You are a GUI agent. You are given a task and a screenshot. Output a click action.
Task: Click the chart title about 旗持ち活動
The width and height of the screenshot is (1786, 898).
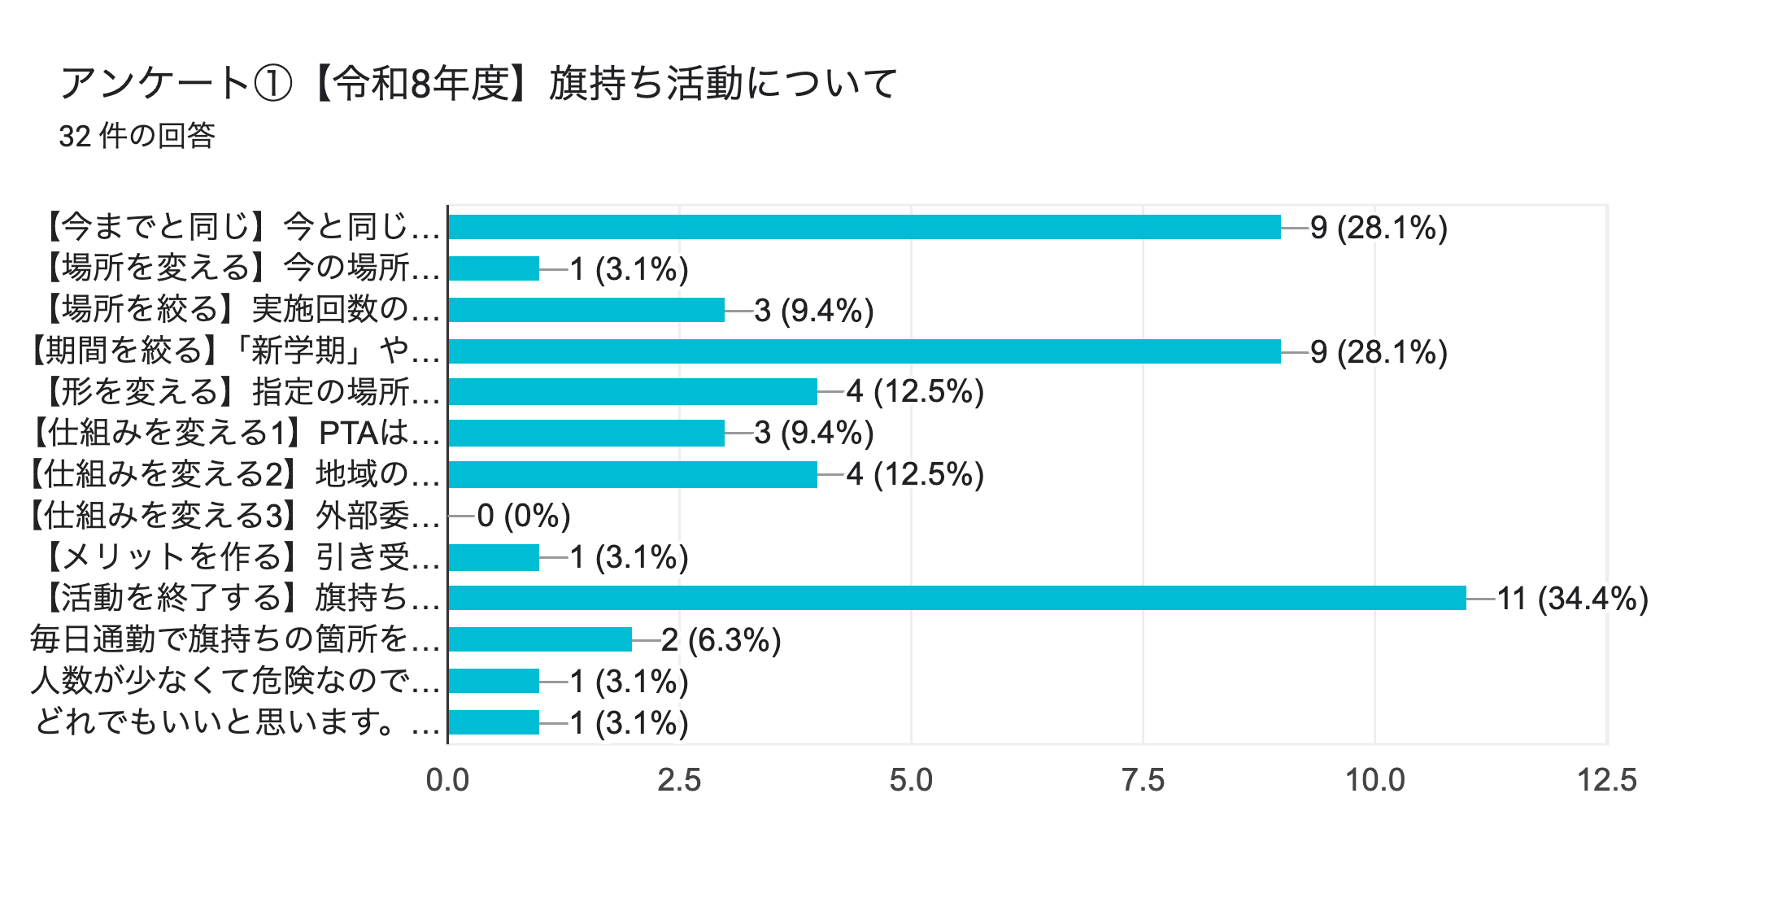click(478, 83)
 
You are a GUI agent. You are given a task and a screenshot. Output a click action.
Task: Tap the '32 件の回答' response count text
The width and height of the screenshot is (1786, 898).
click(137, 136)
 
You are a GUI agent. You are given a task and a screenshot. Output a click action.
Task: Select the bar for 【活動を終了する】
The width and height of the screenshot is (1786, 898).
click(956, 598)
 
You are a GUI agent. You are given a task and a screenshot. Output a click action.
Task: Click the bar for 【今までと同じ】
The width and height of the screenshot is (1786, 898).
click(864, 227)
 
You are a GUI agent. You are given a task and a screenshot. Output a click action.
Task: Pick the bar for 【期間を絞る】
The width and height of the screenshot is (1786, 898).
click(864, 351)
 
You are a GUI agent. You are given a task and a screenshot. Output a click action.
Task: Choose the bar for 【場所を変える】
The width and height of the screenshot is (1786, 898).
click(494, 268)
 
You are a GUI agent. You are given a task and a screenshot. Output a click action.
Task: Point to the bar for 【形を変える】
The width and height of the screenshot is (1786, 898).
click(633, 392)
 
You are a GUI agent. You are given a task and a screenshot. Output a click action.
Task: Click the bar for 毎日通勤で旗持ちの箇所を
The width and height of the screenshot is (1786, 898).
click(540, 639)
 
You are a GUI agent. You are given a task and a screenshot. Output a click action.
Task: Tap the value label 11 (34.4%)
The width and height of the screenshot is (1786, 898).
click(1572, 599)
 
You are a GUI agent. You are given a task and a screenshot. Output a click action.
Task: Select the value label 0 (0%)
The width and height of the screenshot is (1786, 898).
click(524, 516)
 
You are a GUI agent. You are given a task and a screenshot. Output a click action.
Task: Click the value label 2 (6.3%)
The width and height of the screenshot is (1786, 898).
click(721, 640)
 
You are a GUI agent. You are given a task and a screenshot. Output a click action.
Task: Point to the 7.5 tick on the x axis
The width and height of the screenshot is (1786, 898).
click(1143, 780)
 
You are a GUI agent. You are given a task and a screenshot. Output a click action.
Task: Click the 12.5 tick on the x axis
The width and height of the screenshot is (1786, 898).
click(1606, 780)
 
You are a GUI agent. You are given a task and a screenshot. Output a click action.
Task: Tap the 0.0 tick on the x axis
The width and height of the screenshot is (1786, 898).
click(447, 780)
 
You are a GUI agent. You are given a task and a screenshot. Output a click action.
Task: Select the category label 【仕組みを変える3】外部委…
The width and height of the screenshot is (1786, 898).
click(233, 516)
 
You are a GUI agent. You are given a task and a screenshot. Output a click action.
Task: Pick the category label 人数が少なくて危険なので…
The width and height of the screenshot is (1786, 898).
click(235, 681)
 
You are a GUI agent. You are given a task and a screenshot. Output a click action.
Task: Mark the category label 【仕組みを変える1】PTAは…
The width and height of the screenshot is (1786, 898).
click(233, 433)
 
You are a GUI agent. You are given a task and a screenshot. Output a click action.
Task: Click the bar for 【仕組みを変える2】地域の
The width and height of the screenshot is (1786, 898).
click(633, 474)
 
